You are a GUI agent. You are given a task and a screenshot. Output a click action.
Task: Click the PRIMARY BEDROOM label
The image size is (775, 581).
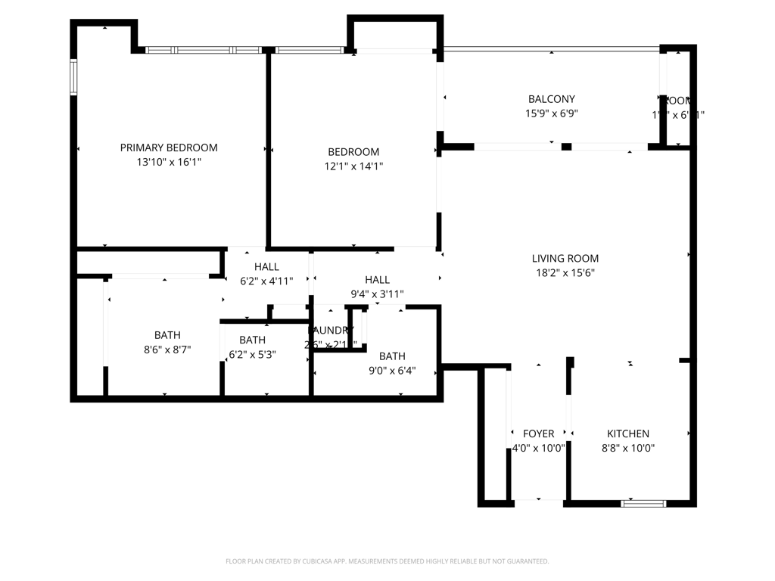click(x=169, y=148)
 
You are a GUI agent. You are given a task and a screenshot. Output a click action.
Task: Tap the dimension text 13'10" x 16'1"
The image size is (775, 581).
click(x=169, y=162)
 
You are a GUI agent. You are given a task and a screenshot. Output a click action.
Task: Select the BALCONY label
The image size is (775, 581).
click(x=551, y=99)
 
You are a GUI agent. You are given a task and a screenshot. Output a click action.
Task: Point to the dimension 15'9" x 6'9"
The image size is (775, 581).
click(x=551, y=113)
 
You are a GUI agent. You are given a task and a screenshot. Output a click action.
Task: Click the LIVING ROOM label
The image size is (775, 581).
click(x=565, y=258)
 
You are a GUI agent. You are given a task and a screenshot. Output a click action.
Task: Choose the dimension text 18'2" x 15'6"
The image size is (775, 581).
click(x=565, y=273)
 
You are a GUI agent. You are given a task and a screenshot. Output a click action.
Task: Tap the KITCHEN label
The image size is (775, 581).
click(x=628, y=433)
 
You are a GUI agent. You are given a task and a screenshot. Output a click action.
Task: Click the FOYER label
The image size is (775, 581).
click(x=539, y=433)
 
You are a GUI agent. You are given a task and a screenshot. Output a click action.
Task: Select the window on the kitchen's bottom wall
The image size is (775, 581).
click(x=643, y=502)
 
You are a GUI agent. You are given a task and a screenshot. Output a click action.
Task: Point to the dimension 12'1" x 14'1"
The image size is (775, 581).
click(x=353, y=166)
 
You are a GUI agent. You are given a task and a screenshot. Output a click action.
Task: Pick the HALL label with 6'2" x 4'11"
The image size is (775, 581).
click(x=266, y=266)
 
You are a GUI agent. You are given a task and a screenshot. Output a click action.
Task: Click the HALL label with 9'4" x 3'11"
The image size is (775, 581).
click(x=377, y=280)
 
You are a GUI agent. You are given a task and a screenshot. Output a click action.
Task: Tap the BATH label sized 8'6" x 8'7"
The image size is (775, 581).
click(x=167, y=335)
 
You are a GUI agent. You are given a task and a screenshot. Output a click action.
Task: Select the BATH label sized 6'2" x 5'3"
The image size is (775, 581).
click(x=253, y=340)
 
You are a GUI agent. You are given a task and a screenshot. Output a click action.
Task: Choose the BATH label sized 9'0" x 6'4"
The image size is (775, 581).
click(x=392, y=356)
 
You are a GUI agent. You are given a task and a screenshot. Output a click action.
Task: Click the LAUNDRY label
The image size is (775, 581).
click(x=331, y=331)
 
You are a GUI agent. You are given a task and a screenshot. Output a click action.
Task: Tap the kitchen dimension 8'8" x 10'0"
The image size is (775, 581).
click(x=628, y=448)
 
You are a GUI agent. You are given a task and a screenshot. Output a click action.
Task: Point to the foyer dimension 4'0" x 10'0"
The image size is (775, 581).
click(x=539, y=448)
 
